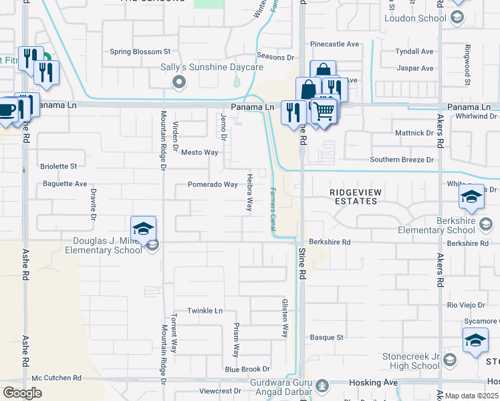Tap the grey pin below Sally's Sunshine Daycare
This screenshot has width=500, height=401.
(x=178, y=82)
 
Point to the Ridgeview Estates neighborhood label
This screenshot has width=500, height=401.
(x=356, y=196)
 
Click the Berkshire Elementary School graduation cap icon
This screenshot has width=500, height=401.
(x=471, y=197)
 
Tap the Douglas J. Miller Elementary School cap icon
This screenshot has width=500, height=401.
(x=144, y=229)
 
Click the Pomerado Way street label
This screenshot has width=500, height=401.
(x=213, y=184)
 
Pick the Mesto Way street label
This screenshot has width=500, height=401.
(x=200, y=152)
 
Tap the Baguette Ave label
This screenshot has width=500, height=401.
(x=65, y=184)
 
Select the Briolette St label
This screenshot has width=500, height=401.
(x=60, y=166)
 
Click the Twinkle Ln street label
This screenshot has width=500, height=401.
(x=204, y=311)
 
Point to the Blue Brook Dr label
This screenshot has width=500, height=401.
(x=247, y=369)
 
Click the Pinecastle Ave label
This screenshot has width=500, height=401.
(x=334, y=44)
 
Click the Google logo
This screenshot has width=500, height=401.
(x=22, y=393)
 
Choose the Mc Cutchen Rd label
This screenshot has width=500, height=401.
(x=56, y=378)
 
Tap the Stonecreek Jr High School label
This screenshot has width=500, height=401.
(x=411, y=362)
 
